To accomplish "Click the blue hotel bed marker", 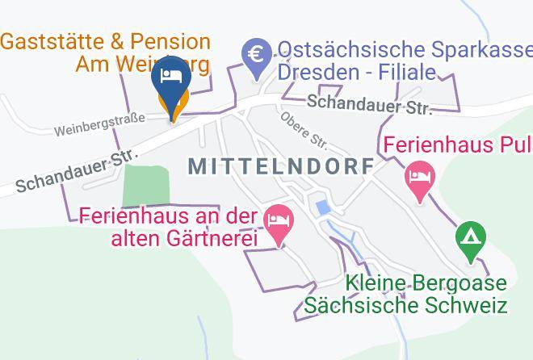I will click(x=170, y=77).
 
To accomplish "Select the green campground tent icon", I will click(x=468, y=238).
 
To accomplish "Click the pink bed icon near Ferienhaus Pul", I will click(x=419, y=174).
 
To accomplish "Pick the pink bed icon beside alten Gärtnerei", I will click(x=279, y=220).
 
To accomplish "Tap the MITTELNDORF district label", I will click(x=281, y=166).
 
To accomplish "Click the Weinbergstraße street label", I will click(x=99, y=124).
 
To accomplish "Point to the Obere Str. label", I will click(x=304, y=130).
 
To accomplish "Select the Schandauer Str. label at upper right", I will click(x=369, y=104).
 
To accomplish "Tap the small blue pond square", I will click(x=324, y=207).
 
